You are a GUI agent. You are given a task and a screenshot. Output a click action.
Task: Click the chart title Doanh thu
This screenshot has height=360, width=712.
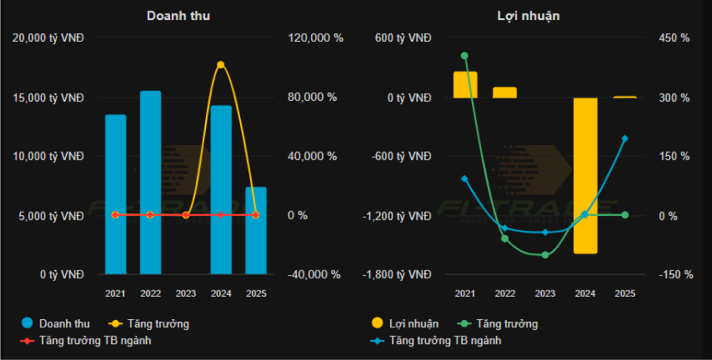click(178, 16)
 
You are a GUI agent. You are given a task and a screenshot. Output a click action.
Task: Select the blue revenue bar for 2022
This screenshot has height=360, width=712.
click(151, 182)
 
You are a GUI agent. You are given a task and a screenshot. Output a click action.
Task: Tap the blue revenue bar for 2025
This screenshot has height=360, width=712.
click(256, 230)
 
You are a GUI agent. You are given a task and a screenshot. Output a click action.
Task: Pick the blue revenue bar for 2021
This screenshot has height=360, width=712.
click(115, 193)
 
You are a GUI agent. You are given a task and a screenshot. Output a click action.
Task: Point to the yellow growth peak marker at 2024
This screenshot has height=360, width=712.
click(221, 64)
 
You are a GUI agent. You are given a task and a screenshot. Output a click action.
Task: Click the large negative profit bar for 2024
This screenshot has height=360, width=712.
click(584, 175)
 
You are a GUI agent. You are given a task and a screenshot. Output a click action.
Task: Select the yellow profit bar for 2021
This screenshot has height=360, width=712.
click(465, 84)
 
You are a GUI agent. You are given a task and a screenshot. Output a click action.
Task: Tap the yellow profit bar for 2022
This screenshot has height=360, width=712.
click(504, 92)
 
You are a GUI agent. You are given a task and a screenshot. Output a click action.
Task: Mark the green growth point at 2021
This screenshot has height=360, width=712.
click(464, 56)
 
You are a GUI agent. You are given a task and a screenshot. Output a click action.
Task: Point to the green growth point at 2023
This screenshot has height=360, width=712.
click(544, 255)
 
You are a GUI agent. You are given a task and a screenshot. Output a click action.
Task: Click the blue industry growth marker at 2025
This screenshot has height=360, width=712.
click(624, 138)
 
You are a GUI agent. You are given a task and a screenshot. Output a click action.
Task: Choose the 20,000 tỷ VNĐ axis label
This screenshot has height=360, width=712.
click(54, 37)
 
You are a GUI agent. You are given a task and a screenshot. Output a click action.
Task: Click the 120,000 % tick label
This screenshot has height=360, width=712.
click(314, 37)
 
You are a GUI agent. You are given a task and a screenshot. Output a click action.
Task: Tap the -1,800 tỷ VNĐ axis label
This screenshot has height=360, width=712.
click(396, 274)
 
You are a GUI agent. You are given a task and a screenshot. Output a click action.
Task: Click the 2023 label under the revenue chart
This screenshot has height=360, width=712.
click(186, 293)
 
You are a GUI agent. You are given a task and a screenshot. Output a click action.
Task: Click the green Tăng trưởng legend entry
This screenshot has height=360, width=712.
click(498, 323)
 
